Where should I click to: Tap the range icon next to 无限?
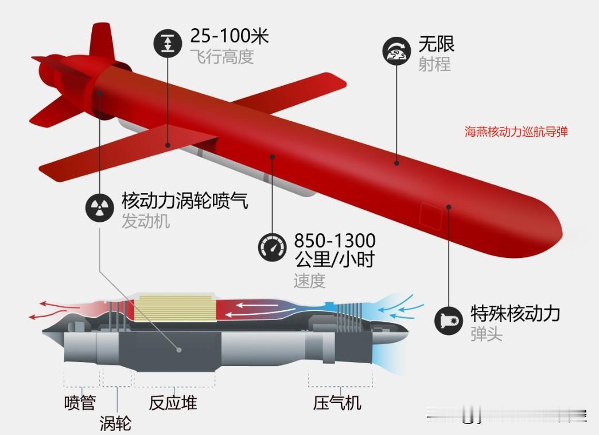(397, 51)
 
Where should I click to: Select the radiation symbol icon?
(100, 208)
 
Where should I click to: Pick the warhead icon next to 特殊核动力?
(449, 319)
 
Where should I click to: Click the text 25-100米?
(229, 36)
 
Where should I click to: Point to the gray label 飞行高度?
(221, 57)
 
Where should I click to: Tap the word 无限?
(436, 44)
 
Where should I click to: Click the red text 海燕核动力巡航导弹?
(516, 132)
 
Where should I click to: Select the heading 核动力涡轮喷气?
(185, 201)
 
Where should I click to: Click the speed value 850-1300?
(334, 239)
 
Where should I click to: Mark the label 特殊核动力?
(515, 313)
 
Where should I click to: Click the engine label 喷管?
(79, 403)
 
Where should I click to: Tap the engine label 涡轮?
(115, 423)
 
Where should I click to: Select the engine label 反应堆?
(173, 403)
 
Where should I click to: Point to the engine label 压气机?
(337, 403)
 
